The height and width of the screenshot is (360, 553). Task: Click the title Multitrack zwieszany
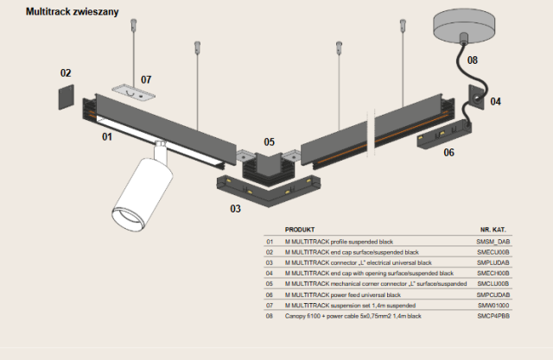pos(73,12)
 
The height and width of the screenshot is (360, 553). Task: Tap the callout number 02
pos(66,73)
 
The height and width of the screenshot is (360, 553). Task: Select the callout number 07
pos(146,79)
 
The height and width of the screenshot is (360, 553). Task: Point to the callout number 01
pos(107,136)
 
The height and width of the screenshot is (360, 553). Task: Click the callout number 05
pos(270,142)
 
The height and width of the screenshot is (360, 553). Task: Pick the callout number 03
pos(235,208)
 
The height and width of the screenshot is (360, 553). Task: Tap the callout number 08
pos(473,60)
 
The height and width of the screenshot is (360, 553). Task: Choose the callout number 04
pos(495,102)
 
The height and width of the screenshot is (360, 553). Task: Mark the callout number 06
pos(448,153)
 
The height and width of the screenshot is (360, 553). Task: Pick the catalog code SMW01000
pos(493,306)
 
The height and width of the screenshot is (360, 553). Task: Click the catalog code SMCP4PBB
pos(493,317)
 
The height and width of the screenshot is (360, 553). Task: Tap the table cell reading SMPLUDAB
pos(493,262)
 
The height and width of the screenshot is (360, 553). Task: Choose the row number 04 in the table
pos(270,273)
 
